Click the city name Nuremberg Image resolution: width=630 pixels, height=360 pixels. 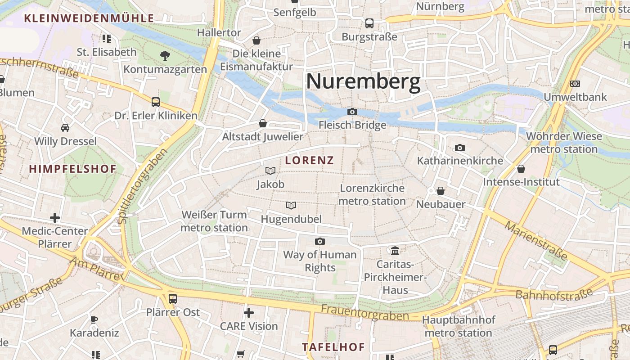[x=363, y=82]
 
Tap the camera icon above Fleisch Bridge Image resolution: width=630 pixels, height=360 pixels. [x=352, y=112]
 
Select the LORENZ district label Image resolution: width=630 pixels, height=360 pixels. [x=310, y=160]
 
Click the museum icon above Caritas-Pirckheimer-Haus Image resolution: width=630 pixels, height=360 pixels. [x=395, y=250]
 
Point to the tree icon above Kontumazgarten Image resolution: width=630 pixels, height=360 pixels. [x=165, y=56]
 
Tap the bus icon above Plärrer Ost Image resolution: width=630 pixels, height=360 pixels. [x=172, y=298]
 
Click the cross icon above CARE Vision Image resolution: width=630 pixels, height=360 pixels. [x=249, y=312]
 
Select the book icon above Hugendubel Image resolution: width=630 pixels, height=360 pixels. [x=291, y=206]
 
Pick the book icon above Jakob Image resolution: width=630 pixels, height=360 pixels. [x=270, y=171]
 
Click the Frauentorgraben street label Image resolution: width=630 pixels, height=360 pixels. [x=364, y=313]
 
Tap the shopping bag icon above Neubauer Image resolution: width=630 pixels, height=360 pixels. [x=441, y=191]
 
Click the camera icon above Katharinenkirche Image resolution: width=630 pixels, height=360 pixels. [x=459, y=148]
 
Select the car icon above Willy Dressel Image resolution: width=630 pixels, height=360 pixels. [x=65, y=128]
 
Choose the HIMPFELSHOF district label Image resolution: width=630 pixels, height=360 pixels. [x=73, y=169]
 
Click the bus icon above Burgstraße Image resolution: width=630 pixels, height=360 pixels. [x=369, y=23]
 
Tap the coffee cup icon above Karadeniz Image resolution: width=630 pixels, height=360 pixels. [x=94, y=319]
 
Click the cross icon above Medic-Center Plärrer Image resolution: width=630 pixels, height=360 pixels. [x=55, y=218]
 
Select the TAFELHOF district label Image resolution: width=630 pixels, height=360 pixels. [x=333, y=347]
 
